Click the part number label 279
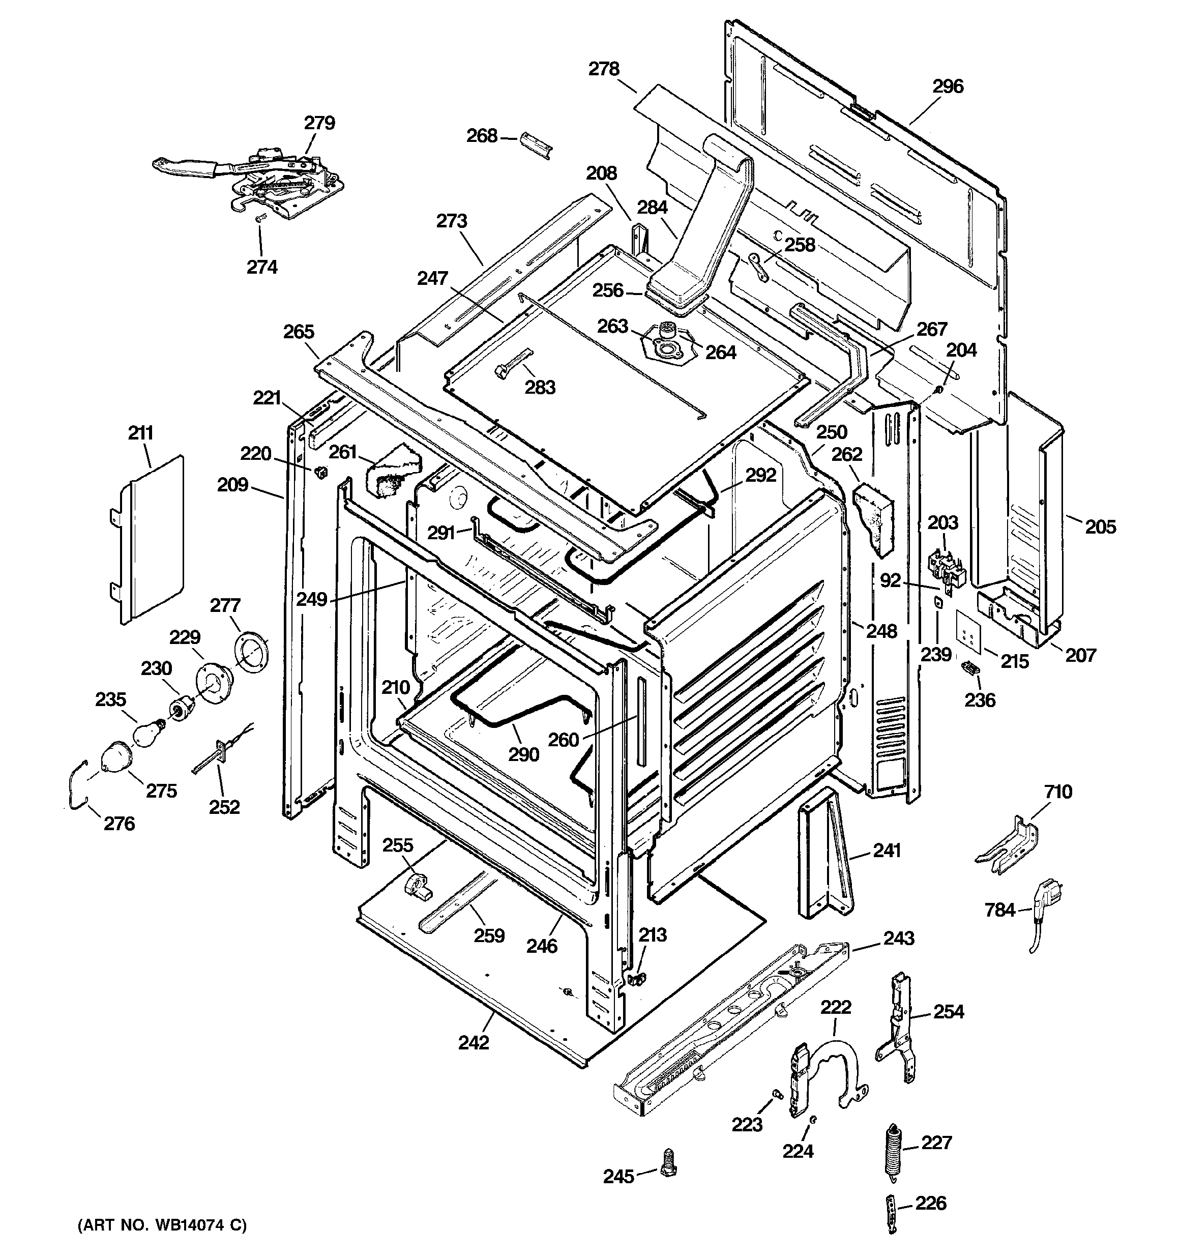tap(319, 123)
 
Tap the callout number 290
tap(524, 754)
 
